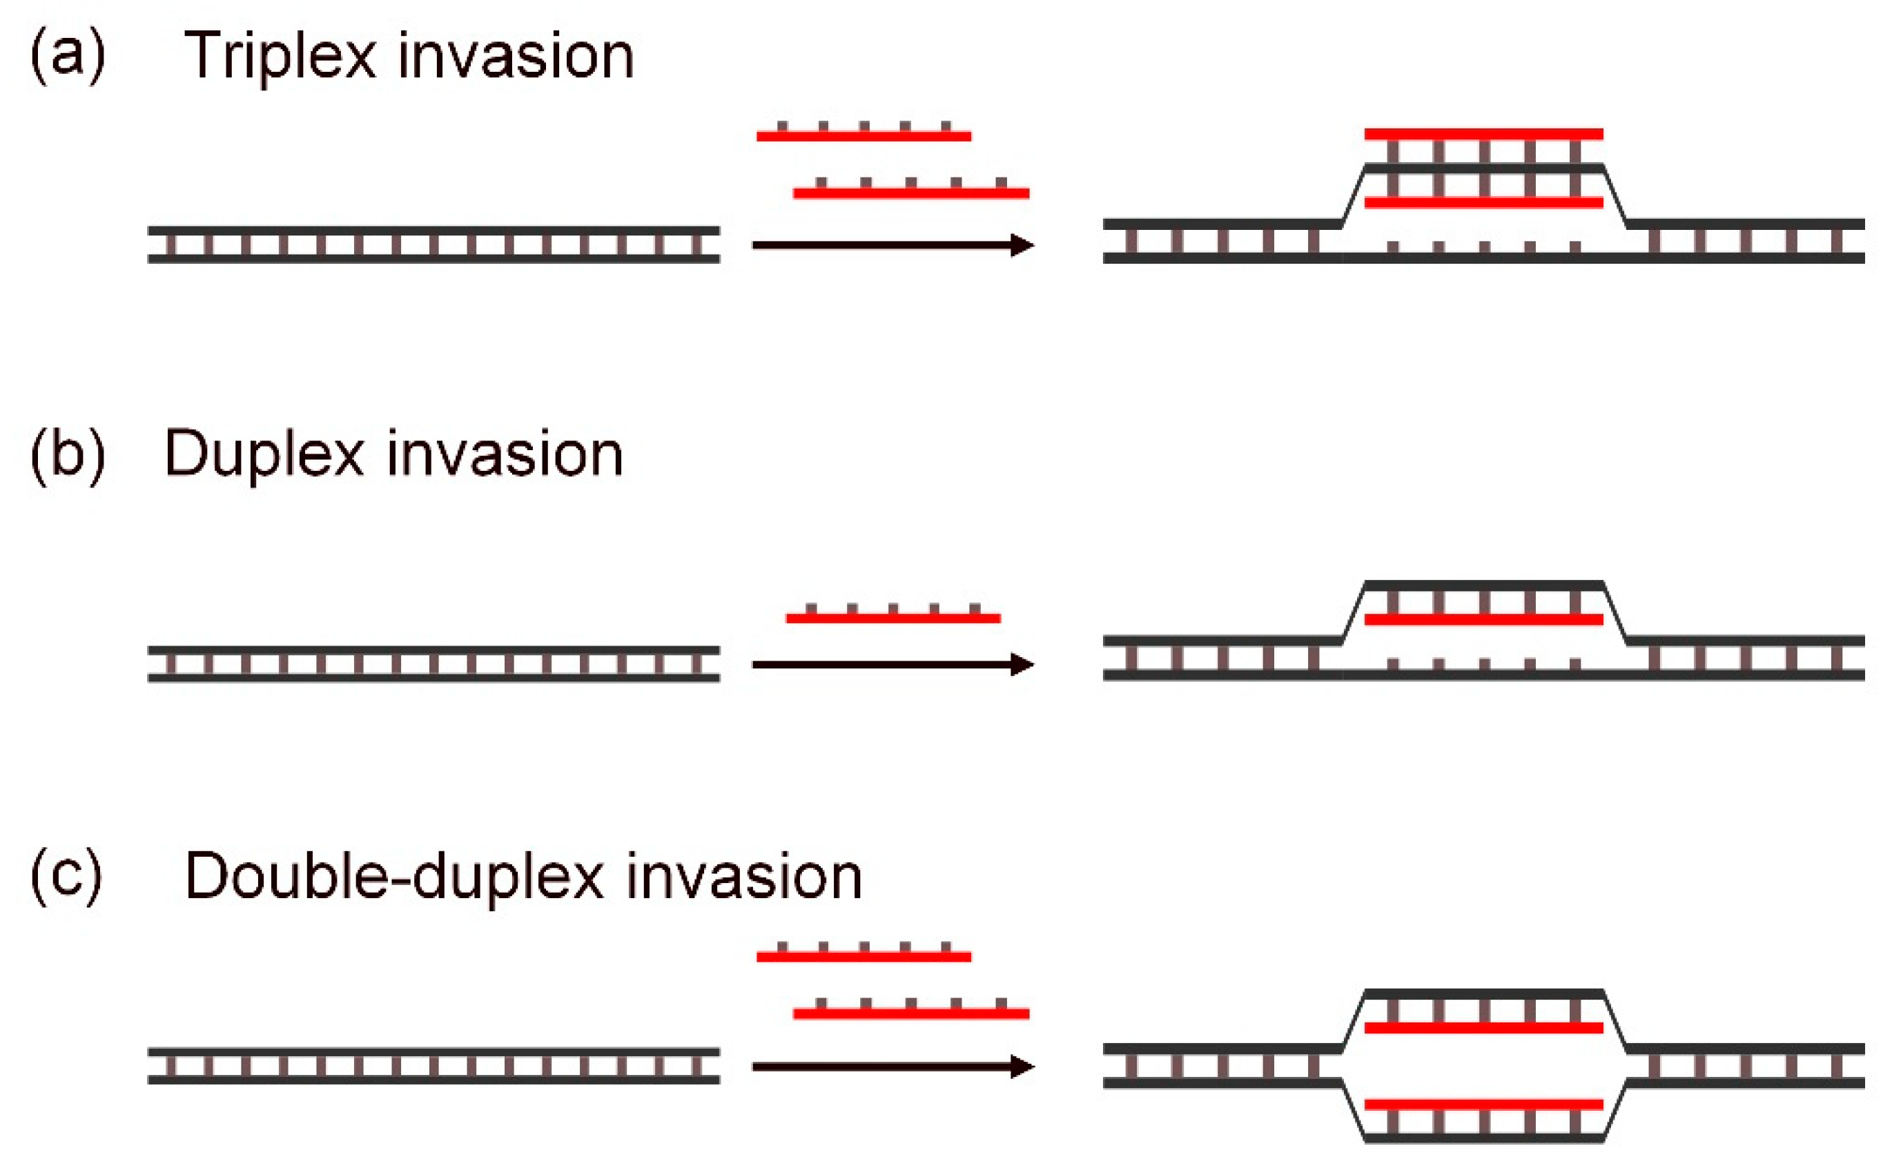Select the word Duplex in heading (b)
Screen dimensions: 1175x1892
coord(264,455)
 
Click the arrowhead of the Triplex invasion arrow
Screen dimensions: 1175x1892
coord(1022,245)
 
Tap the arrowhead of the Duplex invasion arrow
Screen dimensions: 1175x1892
coord(1022,664)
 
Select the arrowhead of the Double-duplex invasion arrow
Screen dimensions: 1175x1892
coord(1022,1066)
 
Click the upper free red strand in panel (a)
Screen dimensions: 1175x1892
coord(864,136)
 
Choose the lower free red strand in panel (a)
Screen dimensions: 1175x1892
coord(910,193)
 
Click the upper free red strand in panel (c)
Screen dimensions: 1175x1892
coord(864,957)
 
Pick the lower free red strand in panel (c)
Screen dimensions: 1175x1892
coord(910,1013)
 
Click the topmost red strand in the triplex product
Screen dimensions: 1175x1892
coord(1483,135)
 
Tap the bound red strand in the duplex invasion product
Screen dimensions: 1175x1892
coord(1483,619)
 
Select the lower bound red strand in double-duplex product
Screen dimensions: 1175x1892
coord(1483,1105)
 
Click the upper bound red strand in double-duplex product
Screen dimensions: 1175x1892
coord(1483,1028)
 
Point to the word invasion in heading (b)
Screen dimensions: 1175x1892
coord(505,455)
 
